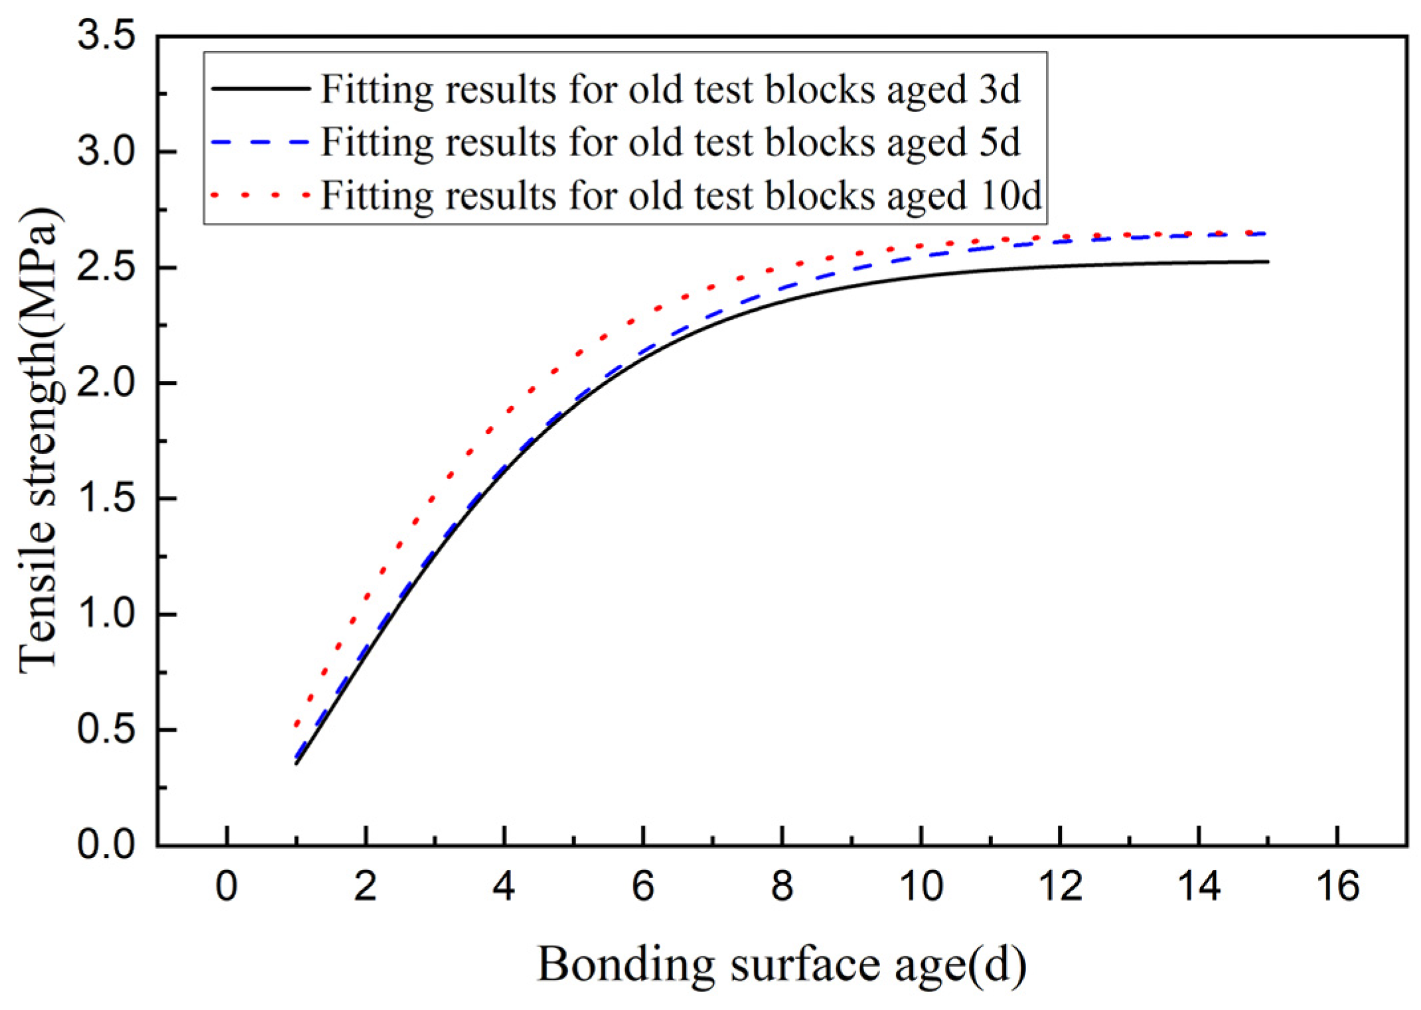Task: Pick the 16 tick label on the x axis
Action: click(x=1337, y=887)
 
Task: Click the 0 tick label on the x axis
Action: click(x=226, y=887)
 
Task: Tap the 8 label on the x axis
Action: click(x=782, y=887)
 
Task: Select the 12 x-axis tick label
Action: click(x=1060, y=887)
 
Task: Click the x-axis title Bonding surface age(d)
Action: click(x=781, y=964)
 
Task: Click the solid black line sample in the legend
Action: click(x=260, y=88)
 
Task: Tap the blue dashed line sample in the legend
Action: click(x=260, y=142)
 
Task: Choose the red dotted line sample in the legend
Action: click(x=260, y=195)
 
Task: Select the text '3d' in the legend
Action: click(x=1000, y=88)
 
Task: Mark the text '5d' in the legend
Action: click(x=1000, y=142)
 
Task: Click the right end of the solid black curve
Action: click(x=1266, y=261)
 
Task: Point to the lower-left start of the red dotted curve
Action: click(x=297, y=725)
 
